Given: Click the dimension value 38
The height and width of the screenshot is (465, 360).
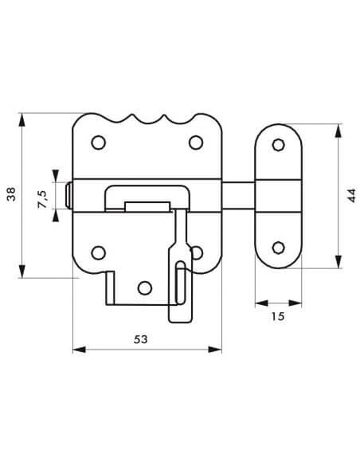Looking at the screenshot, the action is pyautogui.click(x=11, y=194).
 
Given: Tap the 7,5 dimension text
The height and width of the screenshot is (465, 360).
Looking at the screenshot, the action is pyautogui.click(x=42, y=199).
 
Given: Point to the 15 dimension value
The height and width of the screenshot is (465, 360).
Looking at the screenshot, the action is pyautogui.click(x=277, y=316).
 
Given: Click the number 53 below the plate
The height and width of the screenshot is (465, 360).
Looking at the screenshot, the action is pyautogui.click(x=140, y=339).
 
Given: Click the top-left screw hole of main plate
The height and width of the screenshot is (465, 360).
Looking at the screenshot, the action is pyautogui.click(x=98, y=143).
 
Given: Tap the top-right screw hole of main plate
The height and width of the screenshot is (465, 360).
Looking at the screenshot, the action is pyautogui.click(x=196, y=143).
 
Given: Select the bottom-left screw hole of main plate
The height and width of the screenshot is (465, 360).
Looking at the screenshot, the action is pyautogui.click(x=98, y=252).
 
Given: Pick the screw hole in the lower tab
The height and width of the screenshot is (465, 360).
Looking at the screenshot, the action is pyautogui.click(x=145, y=287).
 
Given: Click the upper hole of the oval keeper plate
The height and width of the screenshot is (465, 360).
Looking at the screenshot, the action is pyautogui.click(x=278, y=145).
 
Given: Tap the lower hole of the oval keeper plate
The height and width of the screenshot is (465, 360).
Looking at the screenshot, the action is pyautogui.click(x=278, y=248).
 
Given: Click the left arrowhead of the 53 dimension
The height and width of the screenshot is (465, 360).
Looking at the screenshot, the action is pyautogui.click(x=79, y=350).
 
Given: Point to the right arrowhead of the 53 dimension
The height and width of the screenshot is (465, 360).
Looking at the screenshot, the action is pyautogui.click(x=215, y=350).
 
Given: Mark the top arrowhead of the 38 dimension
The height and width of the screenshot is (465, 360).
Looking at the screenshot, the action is pyautogui.click(x=22, y=119).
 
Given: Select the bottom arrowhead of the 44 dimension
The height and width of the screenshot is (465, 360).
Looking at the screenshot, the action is pyautogui.click(x=338, y=261).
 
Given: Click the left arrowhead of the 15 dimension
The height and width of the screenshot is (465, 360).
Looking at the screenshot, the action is pyautogui.click(x=261, y=303).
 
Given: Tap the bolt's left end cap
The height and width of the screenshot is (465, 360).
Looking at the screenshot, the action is pyautogui.click(x=68, y=195).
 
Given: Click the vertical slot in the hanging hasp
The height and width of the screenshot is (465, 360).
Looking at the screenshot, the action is pyautogui.click(x=180, y=282).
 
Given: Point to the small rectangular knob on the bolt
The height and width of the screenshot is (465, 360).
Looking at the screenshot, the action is pyautogui.click(x=147, y=206).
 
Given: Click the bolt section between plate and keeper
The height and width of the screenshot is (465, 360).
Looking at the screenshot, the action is pyautogui.click(x=238, y=195).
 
